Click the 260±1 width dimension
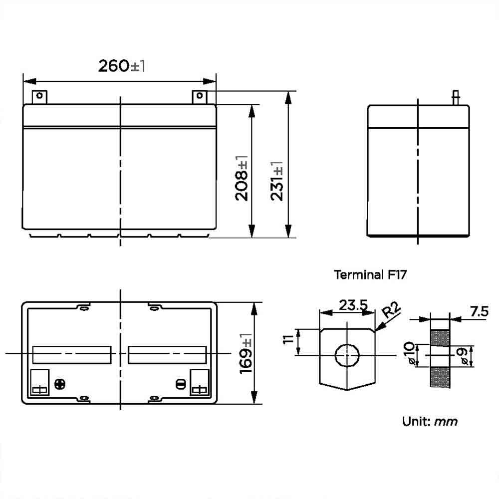click(x=121, y=65)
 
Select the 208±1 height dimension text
click(x=243, y=178)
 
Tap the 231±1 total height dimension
click(x=277, y=181)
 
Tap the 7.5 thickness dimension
click(x=479, y=312)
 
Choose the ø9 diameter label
click(x=463, y=355)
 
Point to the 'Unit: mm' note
click(x=430, y=421)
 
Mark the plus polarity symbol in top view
click(x=60, y=384)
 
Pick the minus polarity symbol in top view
click(x=181, y=384)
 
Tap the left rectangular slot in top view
click(x=71, y=355)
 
